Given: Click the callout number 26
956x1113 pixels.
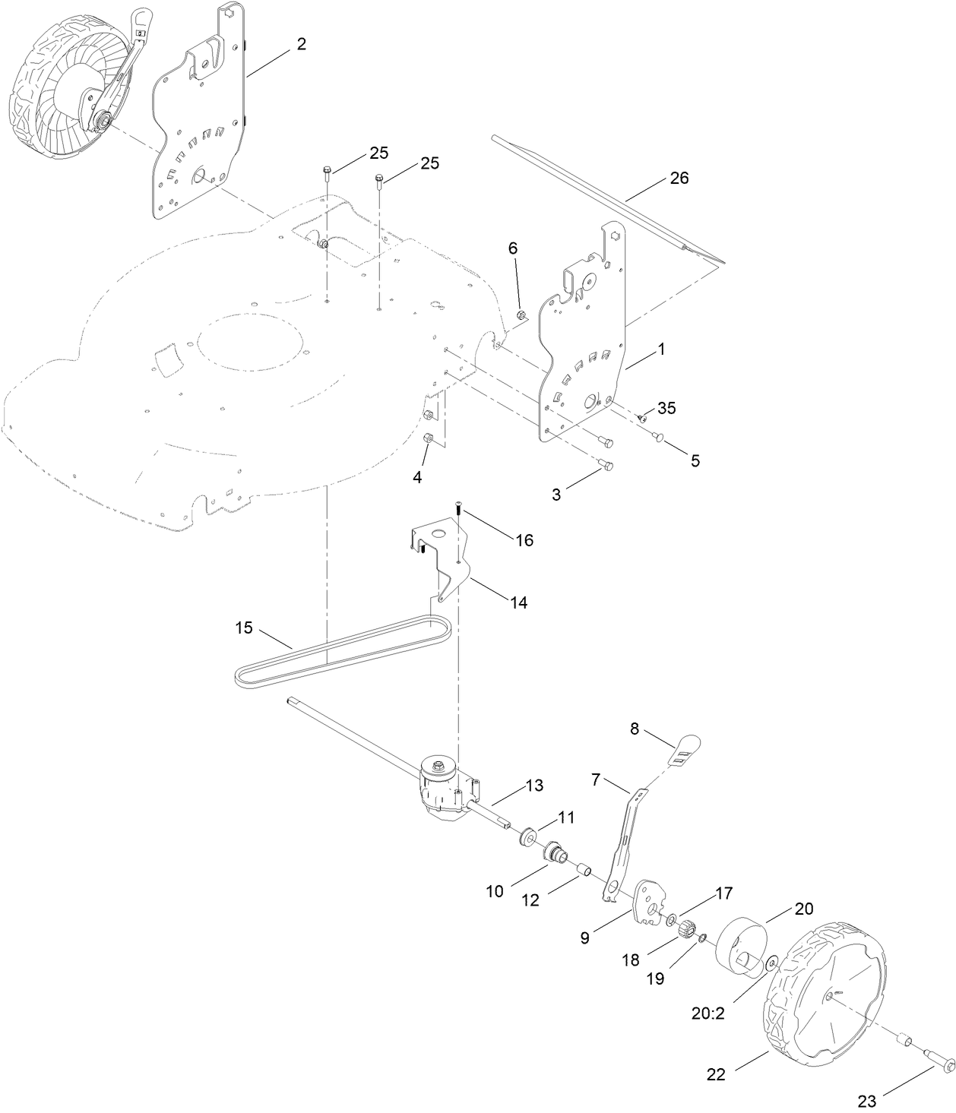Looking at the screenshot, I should [x=679, y=178].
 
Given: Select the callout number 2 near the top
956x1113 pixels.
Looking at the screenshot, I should [x=302, y=44].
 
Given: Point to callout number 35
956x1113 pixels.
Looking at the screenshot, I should [x=666, y=408].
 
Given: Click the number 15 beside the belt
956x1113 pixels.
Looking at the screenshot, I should [x=244, y=628].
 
